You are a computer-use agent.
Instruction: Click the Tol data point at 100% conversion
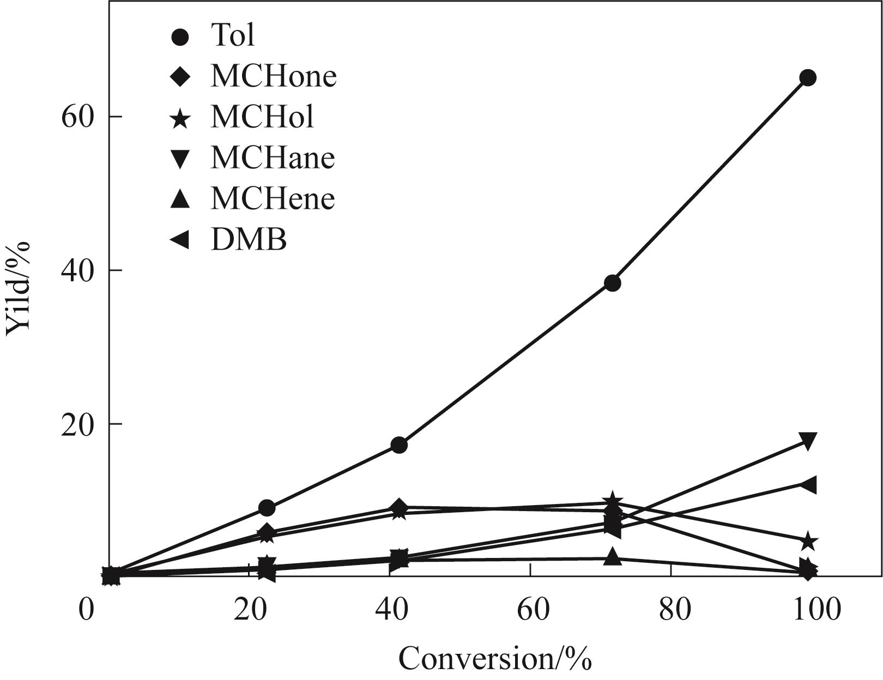click(807, 78)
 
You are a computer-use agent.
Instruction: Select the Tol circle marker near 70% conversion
click(613, 283)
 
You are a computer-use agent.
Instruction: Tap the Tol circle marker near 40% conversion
click(399, 445)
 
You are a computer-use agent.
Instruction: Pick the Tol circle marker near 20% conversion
click(267, 508)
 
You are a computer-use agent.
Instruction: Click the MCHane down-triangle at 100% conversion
click(807, 440)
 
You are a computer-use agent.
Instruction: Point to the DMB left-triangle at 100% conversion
click(807, 484)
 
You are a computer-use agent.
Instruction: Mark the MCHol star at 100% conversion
click(808, 542)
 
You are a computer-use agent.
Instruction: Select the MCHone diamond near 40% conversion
click(399, 507)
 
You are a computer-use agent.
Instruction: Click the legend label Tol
click(233, 35)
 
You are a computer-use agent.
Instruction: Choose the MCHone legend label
click(273, 76)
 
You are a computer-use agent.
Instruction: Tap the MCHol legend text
click(262, 116)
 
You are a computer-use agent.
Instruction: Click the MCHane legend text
click(273, 157)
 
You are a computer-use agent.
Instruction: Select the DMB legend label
click(249, 239)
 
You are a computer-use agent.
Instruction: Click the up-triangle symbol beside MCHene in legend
click(180, 199)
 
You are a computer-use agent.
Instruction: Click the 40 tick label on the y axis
click(75, 270)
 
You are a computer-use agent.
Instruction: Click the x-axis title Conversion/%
click(495, 658)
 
